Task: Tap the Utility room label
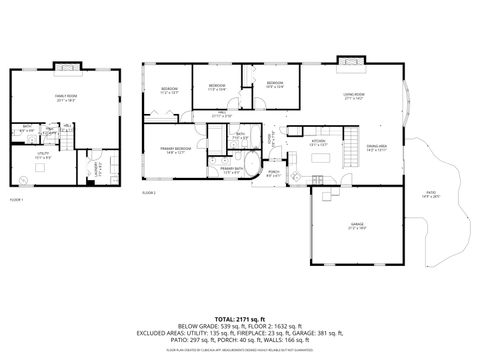[43, 156]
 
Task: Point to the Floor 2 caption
[149, 191]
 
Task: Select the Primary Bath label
[231, 170]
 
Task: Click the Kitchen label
[320, 142]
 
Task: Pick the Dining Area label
[378, 147]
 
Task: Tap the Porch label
[272, 171]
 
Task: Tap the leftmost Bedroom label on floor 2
[170, 90]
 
